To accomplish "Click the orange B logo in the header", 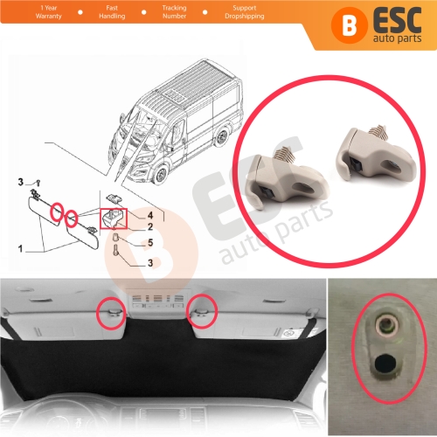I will pyautogui.click(x=326, y=24).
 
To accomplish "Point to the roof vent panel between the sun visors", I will pyautogui.click(x=156, y=307).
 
